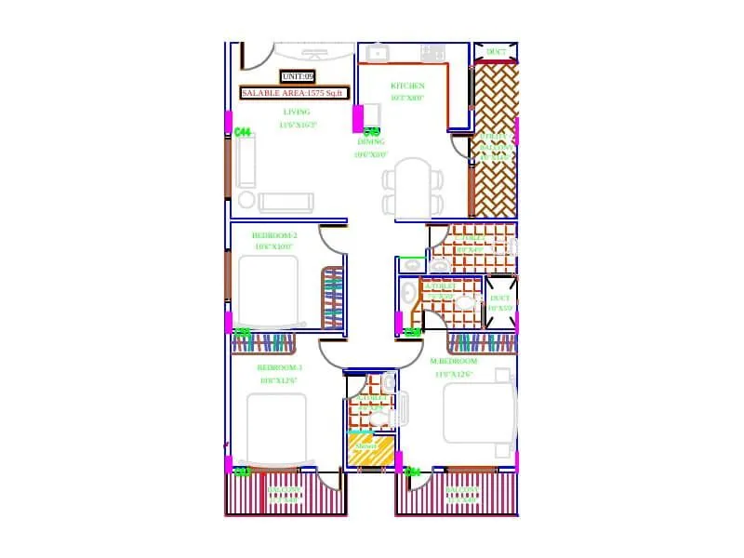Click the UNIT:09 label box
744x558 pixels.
tap(298, 77)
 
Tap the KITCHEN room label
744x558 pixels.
tap(407, 86)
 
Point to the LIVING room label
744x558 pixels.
tap(297, 112)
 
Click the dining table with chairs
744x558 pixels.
tap(413, 190)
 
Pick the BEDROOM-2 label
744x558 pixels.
tap(274, 235)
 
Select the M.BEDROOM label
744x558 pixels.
tap(454, 361)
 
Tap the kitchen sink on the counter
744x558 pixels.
tap(377, 54)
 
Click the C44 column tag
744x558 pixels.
tap(243, 132)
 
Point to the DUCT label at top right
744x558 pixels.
tap(497, 52)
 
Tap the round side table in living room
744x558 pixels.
tap(246, 199)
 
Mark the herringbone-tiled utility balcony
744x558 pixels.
tap(495, 139)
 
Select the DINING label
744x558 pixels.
tap(371, 142)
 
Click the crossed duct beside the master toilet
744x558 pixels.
tap(500, 302)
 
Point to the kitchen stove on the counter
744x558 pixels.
tap(432, 54)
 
